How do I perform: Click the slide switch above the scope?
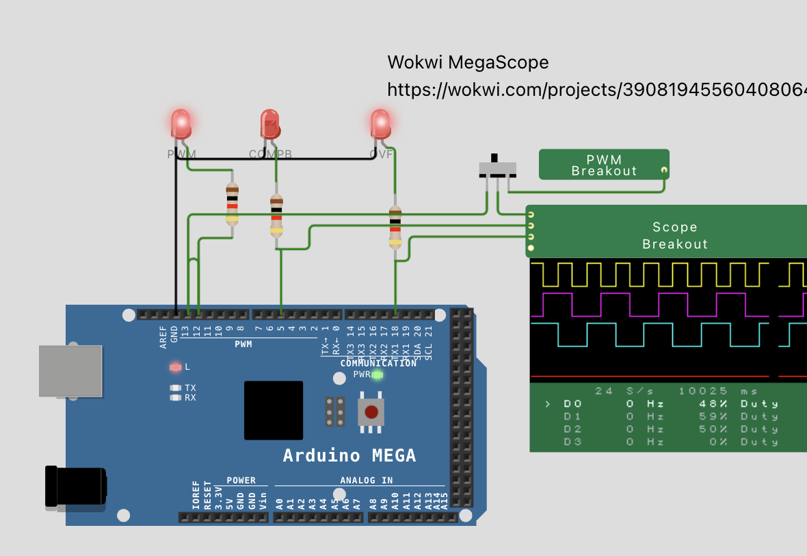coord(497,168)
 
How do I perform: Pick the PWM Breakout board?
coord(603,164)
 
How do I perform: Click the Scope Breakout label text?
coord(674,236)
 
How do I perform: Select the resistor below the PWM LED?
coord(233,205)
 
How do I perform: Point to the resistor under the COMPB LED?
coord(276,214)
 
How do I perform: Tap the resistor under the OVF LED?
coord(395,227)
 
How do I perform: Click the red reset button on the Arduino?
coord(371,412)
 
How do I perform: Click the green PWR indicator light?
coord(377,375)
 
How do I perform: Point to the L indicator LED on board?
coord(175,367)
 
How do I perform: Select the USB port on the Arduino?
coord(70,371)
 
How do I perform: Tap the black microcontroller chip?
coord(274,410)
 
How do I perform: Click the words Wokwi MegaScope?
coord(468,62)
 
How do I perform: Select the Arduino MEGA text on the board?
coord(349,455)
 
